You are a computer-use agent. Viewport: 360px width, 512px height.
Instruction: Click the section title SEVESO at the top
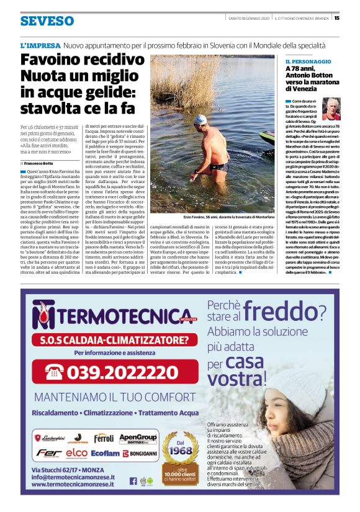point(47,21)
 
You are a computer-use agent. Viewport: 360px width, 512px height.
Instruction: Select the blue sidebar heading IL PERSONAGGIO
point(308,62)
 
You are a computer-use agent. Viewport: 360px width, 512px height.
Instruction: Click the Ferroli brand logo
point(104,438)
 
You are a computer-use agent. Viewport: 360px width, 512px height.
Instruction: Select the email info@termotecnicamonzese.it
point(73,477)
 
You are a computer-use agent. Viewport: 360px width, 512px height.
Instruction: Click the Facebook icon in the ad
point(133,480)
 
